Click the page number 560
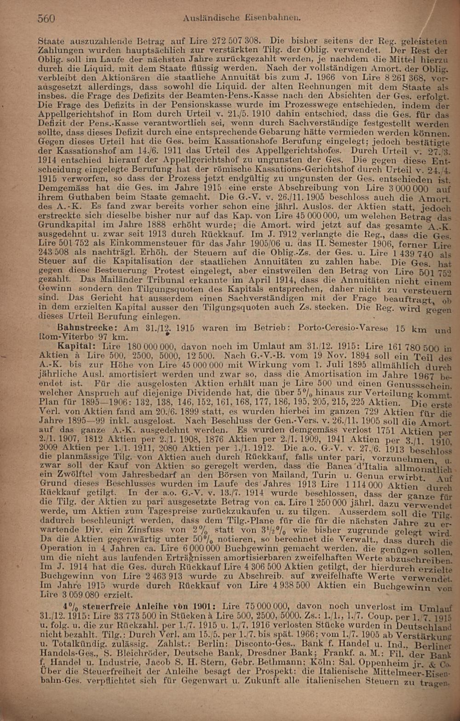46,18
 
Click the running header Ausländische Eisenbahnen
241,18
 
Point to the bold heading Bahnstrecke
84,328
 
